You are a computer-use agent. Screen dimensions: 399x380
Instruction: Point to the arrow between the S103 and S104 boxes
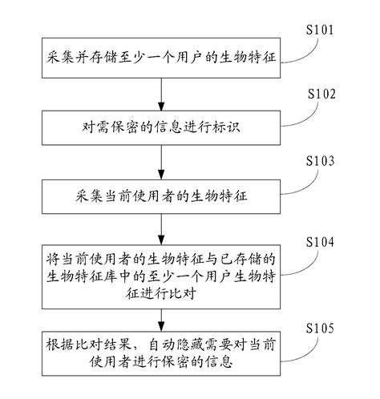coord(161,227)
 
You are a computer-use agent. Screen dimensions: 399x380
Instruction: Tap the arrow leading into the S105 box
coord(161,314)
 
